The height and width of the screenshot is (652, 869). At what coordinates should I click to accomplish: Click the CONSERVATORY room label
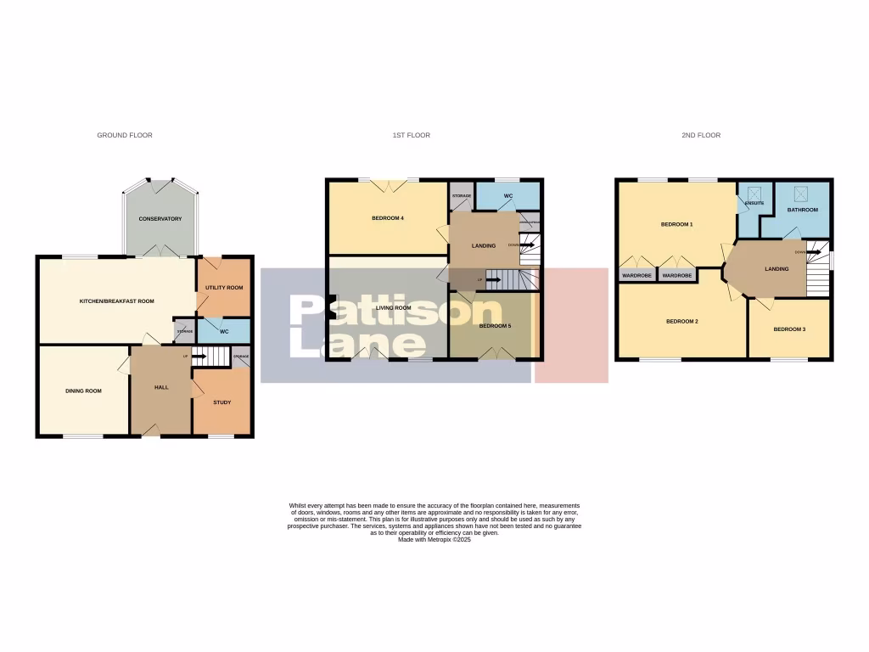[160, 219]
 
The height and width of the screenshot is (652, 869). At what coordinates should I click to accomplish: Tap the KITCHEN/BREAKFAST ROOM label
[116, 301]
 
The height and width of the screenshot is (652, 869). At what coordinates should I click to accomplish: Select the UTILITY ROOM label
[224, 288]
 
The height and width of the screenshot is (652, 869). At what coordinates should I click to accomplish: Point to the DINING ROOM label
[83, 391]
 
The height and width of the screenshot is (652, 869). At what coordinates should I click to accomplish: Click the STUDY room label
[221, 402]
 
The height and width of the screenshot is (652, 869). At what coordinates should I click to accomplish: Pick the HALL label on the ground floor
[160, 387]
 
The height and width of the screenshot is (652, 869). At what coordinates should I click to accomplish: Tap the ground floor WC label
[224, 331]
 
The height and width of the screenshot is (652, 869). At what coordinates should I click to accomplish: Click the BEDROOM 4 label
[387, 218]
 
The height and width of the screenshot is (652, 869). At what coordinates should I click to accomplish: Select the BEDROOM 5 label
[495, 325]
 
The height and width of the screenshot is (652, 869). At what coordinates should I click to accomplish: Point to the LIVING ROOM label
[393, 307]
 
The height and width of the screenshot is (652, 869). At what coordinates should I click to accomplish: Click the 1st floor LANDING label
[483, 246]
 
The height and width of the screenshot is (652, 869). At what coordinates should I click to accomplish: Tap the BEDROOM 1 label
[677, 224]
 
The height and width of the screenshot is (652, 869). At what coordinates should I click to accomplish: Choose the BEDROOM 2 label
[681, 321]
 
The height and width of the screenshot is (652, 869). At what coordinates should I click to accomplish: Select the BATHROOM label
[802, 210]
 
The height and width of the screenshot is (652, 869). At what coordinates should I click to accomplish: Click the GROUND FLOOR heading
[125, 135]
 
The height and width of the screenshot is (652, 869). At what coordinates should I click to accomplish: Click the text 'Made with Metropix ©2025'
[434, 540]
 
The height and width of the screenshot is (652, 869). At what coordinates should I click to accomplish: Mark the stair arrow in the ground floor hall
[199, 357]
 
